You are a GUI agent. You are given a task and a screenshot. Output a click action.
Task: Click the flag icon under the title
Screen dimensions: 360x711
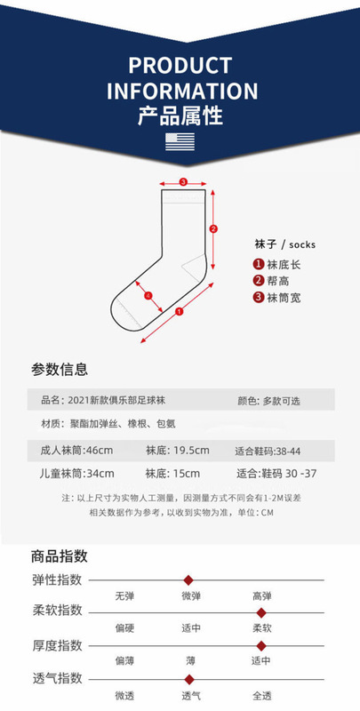180,142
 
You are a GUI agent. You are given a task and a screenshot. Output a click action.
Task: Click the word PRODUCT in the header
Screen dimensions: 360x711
180,66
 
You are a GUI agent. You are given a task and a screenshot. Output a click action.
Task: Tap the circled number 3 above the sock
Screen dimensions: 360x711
183,182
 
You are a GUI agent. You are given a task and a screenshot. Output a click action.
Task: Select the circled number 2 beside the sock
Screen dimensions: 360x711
214,229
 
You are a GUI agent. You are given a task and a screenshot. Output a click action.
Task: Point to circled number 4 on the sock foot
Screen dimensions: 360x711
148,296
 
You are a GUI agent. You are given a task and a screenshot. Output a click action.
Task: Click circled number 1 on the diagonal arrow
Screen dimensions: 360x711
179,312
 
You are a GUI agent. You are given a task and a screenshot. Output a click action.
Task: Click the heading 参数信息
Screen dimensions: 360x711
60,369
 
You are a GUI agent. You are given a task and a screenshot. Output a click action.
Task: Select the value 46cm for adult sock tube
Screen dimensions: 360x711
100,451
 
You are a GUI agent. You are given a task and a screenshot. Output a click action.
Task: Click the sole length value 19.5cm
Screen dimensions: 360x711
191,451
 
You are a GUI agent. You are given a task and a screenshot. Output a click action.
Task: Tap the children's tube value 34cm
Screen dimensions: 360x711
100,474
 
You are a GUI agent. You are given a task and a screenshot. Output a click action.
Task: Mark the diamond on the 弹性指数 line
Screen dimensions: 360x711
188,580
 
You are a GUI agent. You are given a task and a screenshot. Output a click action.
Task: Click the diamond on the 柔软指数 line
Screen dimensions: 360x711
260,613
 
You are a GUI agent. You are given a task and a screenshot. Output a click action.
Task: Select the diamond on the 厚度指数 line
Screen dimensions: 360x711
260,646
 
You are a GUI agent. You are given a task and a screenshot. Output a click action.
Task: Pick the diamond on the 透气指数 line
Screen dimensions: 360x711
189,680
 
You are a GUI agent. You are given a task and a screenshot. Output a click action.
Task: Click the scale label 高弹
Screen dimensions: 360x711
262,596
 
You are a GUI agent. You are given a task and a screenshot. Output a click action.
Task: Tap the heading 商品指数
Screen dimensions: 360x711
60,556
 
